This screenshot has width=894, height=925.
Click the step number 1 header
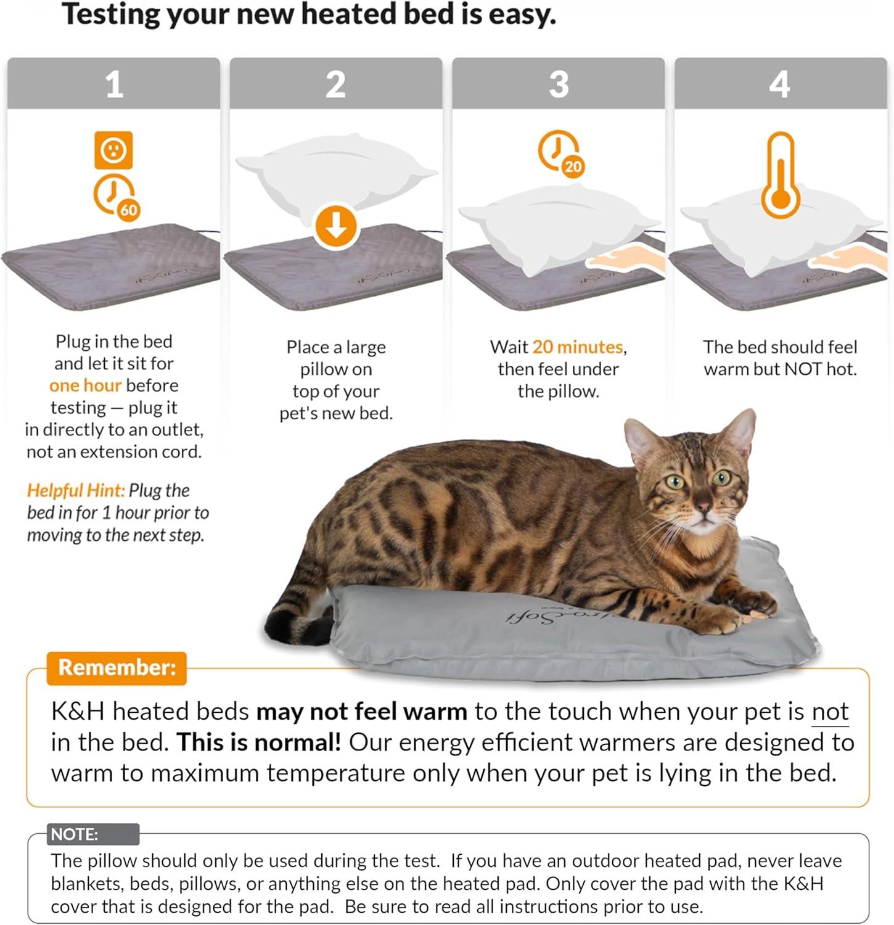click(x=114, y=84)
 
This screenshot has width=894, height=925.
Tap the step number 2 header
click(x=336, y=84)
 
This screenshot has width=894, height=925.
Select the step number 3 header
click(x=559, y=84)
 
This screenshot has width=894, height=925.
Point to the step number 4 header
click(x=780, y=84)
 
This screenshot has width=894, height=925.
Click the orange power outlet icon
click(x=113, y=150)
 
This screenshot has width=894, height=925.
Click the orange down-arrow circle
click(x=336, y=226)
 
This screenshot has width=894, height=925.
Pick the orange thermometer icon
click(x=781, y=176)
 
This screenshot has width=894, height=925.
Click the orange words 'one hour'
click(x=85, y=385)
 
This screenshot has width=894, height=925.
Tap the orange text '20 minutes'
click(x=578, y=347)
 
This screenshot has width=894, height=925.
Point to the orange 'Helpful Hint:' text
click(x=75, y=490)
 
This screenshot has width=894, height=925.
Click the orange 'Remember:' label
click(x=117, y=667)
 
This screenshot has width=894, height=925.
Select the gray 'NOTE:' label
click(x=75, y=834)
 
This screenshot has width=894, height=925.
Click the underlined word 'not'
click(x=830, y=712)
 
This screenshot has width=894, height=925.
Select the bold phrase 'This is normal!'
click(x=259, y=742)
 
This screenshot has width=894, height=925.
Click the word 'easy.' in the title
click(x=522, y=15)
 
